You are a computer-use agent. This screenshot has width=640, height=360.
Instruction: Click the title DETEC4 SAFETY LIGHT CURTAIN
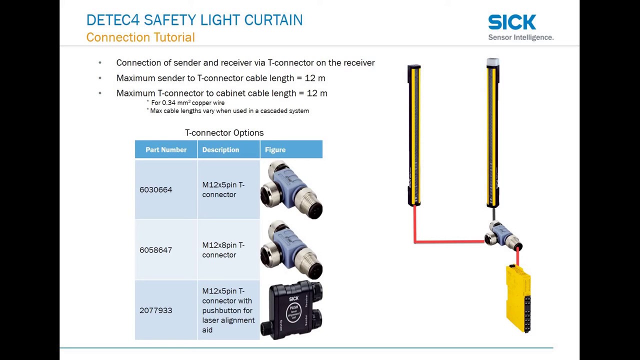(x=194, y=20)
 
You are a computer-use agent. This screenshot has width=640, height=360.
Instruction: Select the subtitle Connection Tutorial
(x=140, y=37)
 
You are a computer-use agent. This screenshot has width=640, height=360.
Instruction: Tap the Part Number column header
(x=166, y=150)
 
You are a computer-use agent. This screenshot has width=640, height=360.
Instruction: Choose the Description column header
(x=220, y=150)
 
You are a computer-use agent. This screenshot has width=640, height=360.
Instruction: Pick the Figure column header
(x=275, y=150)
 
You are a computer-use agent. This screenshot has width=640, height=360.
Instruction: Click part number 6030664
(x=155, y=190)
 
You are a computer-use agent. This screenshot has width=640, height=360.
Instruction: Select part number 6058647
(x=155, y=250)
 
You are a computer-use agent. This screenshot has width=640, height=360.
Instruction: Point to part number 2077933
(x=155, y=310)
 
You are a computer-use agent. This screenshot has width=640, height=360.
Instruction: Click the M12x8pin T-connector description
(x=223, y=250)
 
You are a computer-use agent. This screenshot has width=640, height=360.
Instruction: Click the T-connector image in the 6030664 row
(x=291, y=190)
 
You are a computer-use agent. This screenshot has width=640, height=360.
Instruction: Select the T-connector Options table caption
(x=224, y=133)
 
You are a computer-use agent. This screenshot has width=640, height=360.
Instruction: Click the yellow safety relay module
(x=518, y=298)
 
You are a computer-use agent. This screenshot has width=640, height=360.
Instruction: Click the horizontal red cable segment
(x=449, y=242)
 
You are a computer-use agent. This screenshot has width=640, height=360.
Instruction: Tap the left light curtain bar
(x=414, y=135)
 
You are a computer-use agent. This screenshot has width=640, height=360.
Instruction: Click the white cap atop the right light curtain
(x=492, y=62)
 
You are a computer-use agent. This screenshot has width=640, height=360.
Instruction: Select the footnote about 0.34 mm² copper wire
(x=187, y=103)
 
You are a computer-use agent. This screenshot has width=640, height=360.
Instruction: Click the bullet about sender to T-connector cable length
(x=220, y=78)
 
